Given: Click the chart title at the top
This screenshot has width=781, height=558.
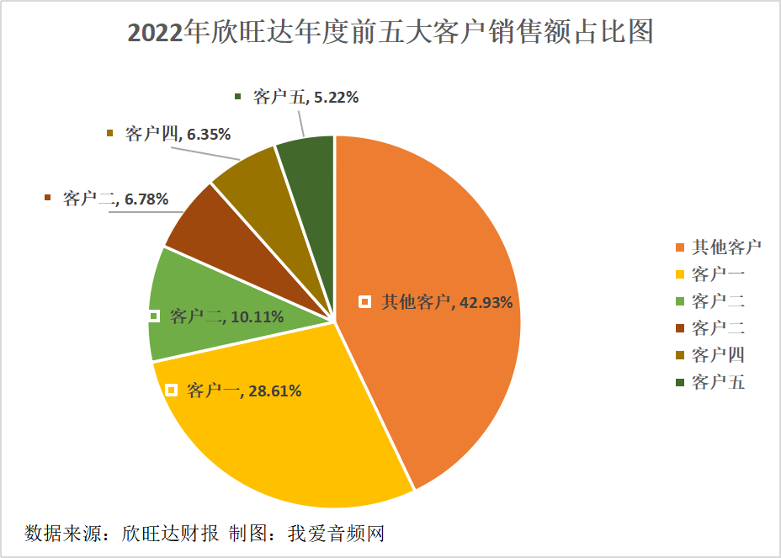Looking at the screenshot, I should pos(390,32).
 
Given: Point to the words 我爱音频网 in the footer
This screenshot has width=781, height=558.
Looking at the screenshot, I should pos(336,534).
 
